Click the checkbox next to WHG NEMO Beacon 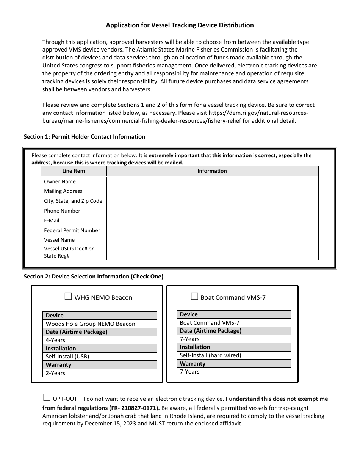pos(68,297)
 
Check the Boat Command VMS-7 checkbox pos(194,297)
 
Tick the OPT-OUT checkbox pos(47,397)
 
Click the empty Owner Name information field pos(212,181)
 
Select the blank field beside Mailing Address pos(212,191)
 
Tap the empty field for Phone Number pos(212,211)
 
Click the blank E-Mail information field pos(212,220)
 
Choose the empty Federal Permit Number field pos(212,230)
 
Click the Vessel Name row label pos(59,240)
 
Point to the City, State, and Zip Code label pos(73,201)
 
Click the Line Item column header pos(74,171)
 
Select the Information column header pos(212,171)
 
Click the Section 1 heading pos(84,137)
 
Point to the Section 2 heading pos(93,277)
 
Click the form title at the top pos(180,25)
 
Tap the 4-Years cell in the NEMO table pos(56,340)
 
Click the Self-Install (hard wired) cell pos(210,355)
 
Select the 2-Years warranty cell pos(56,373)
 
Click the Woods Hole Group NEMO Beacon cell pos(90,324)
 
